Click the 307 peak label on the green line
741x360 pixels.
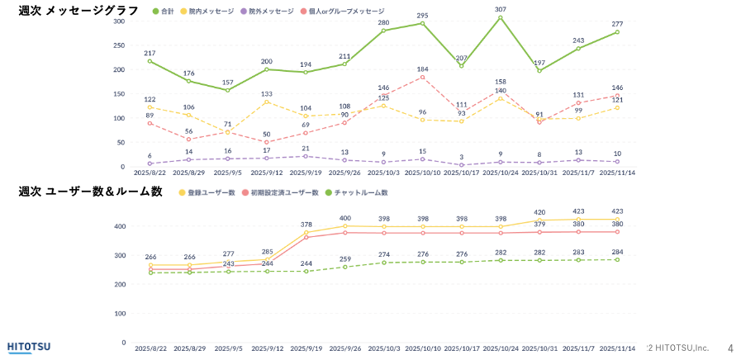tap(501, 9)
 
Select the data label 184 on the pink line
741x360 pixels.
tap(422, 69)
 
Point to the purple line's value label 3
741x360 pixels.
tap(461, 157)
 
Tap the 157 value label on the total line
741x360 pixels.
tap(227, 83)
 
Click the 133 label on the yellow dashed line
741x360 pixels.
tap(267, 93)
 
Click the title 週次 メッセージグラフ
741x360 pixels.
tap(78, 11)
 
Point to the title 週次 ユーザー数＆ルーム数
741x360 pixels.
tap(91, 192)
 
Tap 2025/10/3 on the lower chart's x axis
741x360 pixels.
tap(383, 348)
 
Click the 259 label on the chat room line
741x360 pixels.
tap(344, 258)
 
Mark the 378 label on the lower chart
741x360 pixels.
tap(306, 225)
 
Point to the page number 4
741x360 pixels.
tap(729, 348)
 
